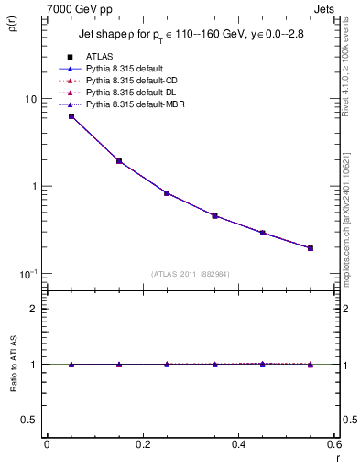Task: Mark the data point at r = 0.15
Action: [119, 161]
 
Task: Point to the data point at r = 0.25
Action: [167, 193]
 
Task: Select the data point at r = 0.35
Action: [214, 216]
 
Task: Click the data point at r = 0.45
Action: [263, 233]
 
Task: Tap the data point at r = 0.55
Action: [311, 248]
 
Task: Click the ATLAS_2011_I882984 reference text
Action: [190, 274]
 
